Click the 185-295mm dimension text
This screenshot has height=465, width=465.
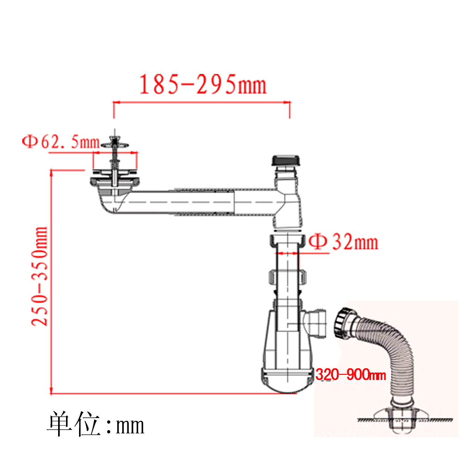click(x=203, y=85)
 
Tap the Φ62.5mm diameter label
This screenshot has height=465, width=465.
click(x=61, y=142)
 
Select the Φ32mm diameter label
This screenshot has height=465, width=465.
click(x=344, y=242)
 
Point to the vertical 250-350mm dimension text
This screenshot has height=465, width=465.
click(x=40, y=276)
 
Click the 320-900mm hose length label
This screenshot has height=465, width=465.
click(x=351, y=374)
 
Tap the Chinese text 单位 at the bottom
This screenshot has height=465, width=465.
click(x=73, y=424)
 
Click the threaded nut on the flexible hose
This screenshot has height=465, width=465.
click(x=342, y=323)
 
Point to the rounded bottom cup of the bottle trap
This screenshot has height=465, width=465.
click(x=287, y=381)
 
